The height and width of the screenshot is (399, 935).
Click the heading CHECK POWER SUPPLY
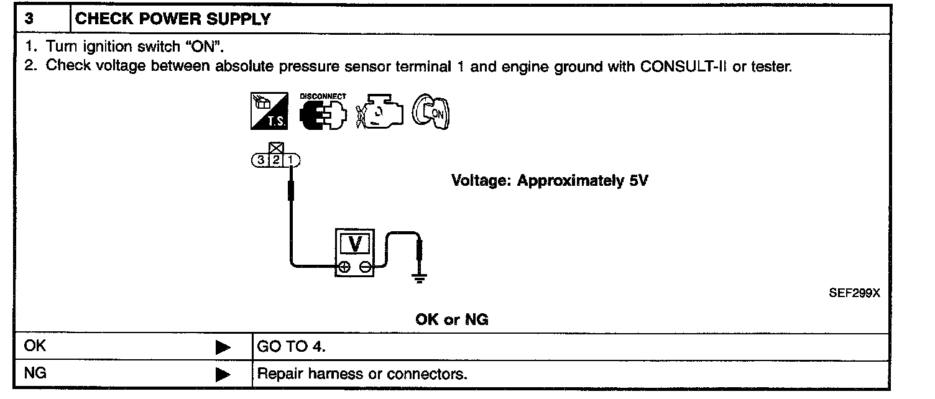tap(173, 19)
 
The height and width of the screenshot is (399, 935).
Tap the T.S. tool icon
tap(269, 112)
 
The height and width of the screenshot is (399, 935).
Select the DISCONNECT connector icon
tap(323, 112)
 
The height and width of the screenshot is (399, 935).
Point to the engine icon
tap(380, 112)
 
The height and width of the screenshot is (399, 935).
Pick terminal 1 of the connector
tap(291, 160)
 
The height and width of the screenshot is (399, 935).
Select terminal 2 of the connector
tap(275, 160)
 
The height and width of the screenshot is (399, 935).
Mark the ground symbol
tap(421, 278)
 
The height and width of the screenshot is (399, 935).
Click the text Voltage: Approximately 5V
tap(550, 181)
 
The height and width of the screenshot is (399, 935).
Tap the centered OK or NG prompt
tap(452, 319)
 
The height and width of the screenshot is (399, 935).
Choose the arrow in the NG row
tap(223, 375)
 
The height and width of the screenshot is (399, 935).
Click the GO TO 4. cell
tap(291, 347)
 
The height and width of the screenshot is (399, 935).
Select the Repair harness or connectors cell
tap(362, 375)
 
